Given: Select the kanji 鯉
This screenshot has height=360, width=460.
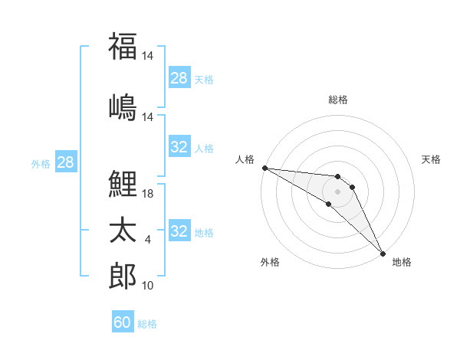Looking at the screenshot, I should tap(123, 184).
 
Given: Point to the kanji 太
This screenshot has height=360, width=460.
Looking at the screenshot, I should tap(123, 231).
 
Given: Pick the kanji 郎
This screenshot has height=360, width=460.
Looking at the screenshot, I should tap(123, 277).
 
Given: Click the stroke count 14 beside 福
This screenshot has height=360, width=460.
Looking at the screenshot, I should tap(149, 56).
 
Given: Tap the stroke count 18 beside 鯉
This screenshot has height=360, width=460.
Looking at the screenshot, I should tap(149, 194).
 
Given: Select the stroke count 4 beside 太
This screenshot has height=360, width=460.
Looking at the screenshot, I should tap(148, 240).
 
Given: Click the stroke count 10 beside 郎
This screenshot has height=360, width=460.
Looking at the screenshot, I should tap(149, 286).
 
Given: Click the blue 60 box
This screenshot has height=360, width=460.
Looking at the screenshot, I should tap(123, 322).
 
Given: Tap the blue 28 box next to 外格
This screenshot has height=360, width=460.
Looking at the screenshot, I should tap(65, 162).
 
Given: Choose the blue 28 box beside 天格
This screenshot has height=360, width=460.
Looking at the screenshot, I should tap(179, 78).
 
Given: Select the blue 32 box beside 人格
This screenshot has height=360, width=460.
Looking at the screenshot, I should tap(179, 147).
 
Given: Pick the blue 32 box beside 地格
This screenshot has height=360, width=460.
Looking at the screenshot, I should tap(179, 231).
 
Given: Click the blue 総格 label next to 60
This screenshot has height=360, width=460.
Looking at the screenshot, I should tap(147, 324).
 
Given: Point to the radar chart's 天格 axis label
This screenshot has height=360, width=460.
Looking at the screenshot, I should tap(431, 159).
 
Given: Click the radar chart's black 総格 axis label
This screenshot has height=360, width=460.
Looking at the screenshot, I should tap(338, 100).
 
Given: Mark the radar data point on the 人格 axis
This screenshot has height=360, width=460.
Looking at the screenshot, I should tap(264, 168).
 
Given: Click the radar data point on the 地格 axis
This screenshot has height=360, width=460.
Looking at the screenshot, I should tap(383, 254).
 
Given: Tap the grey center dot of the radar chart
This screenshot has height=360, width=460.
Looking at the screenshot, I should tap(338, 191).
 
